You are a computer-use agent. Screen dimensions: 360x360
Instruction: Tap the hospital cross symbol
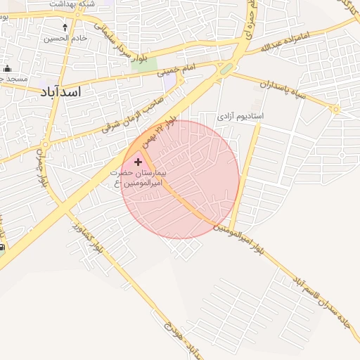pos(137,162)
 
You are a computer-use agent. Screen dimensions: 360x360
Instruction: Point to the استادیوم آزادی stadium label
pos(240,115)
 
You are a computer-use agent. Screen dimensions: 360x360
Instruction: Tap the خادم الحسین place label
pos(67,38)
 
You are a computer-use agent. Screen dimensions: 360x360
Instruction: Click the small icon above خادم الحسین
pos(65,27)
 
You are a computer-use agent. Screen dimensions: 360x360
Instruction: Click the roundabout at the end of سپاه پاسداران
pos(336,109)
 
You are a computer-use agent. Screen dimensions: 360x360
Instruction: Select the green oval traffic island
pos(226,70)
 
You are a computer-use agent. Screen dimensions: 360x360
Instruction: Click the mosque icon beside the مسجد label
pos(8,69)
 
